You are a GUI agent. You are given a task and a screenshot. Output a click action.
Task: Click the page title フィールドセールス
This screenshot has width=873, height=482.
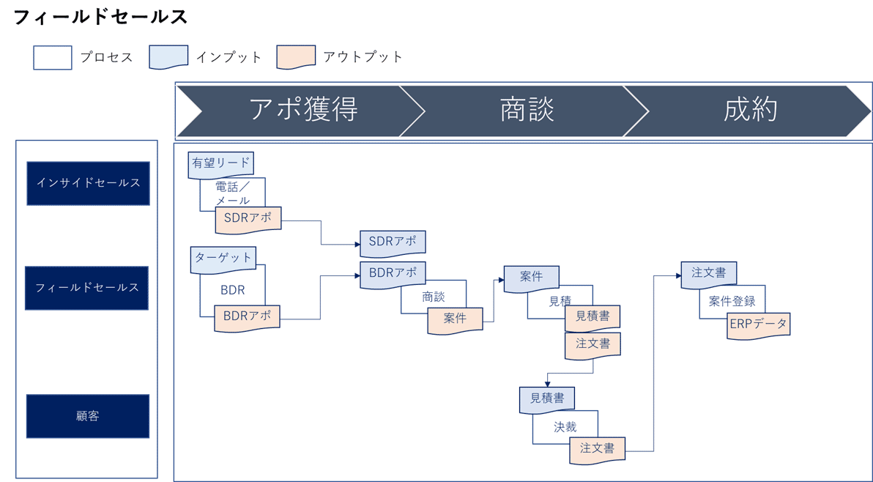pyautogui.click(x=100, y=18)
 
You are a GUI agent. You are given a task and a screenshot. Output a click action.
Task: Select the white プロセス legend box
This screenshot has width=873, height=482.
pyautogui.click(x=53, y=57)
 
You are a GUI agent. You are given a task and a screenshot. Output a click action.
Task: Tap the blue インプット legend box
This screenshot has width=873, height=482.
pyautogui.click(x=168, y=57)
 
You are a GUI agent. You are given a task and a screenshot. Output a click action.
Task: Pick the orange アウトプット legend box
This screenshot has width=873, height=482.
pyautogui.click(x=296, y=57)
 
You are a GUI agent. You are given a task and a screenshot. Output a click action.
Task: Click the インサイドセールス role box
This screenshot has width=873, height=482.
pyautogui.click(x=89, y=183)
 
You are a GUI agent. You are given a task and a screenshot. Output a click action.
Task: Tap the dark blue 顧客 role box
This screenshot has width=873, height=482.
pyautogui.click(x=88, y=416)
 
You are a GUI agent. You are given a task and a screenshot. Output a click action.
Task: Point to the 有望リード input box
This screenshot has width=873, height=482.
pyautogui.click(x=221, y=163)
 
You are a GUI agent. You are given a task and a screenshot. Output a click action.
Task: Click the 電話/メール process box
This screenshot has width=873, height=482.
pyautogui.click(x=233, y=193)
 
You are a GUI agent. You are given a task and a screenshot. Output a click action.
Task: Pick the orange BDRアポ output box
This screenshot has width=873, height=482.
pyautogui.click(x=248, y=317)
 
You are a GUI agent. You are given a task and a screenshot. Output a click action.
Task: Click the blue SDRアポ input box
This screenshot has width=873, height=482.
pyautogui.click(x=392, y=242)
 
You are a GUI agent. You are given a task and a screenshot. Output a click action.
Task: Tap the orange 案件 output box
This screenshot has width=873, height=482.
pyautogui.click(x=455, y=319)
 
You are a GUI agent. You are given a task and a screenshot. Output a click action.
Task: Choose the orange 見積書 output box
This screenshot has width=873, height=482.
pyautogui.click(x=592, y=317)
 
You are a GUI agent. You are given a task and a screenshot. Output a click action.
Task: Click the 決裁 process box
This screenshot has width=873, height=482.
pyautogui.click(x=565, y=427)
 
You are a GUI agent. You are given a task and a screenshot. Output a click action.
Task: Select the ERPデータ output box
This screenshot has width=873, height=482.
pyautogui.click(x=758, y=323)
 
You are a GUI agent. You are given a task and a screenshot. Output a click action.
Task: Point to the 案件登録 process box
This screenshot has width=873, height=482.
pyautogui.click(x=732, y=300)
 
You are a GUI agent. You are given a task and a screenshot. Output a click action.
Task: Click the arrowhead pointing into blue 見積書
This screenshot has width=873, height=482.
pyautogui.click(x=546, y=383)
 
